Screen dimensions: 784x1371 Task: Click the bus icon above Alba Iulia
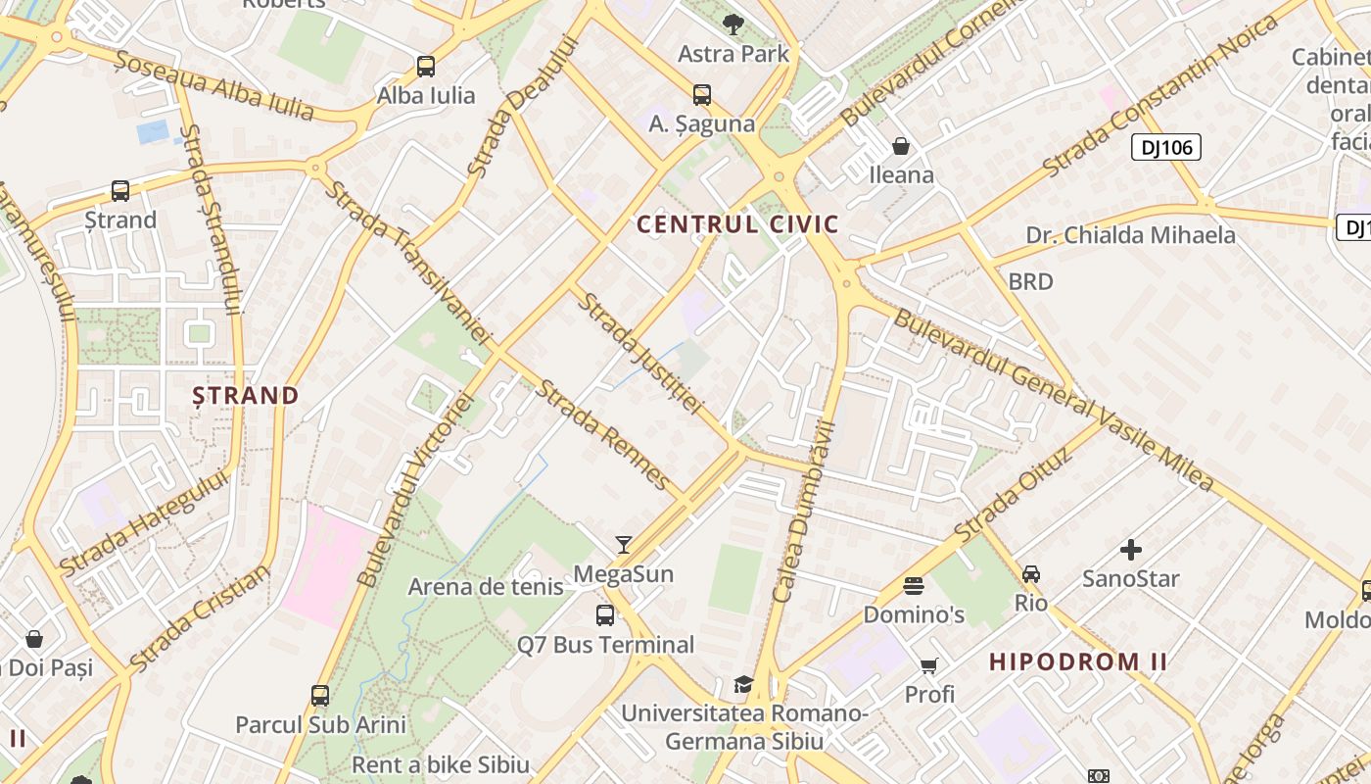click(x=426, y=67)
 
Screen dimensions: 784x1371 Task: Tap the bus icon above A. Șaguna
click(x=702, y=95)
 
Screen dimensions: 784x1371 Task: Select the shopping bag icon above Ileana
click(x=901, y=147)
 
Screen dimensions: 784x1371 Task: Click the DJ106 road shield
click(x=1165, y=148)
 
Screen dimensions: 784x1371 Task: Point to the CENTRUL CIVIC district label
click(x=737, y=224)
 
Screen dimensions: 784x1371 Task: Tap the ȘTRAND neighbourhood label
click(x=245, y=396)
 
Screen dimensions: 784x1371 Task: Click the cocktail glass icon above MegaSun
click(x=623, y=545)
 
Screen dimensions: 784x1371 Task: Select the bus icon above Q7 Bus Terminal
click(x=605, y=615)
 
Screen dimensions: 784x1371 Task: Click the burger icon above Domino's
click(x=914, y=586)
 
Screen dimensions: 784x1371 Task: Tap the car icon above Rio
click(x=1031, y=573)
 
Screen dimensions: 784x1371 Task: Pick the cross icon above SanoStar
click(x=1131, y=550)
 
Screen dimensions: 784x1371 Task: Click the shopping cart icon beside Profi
click(x=928, y=666)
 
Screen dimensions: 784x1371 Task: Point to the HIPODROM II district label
click(x=1077, y=661)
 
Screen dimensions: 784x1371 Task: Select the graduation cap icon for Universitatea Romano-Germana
click(x=744, y=684)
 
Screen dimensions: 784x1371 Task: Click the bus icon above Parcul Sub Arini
click(x=320, y=696)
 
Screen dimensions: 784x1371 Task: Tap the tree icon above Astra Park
click(x=733, y=24)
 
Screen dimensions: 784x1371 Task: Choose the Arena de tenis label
click(x=486, y=587)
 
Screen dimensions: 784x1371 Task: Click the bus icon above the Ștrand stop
click(x=120, y=191)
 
